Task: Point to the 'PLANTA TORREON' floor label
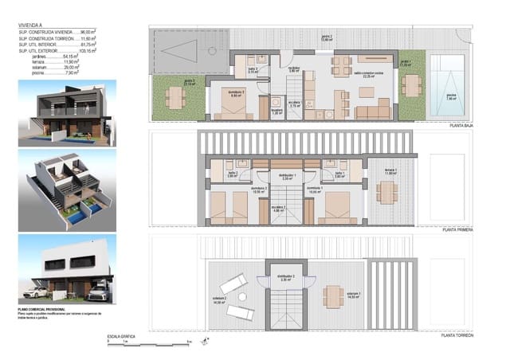point(461,336)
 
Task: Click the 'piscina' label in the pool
point(452,97)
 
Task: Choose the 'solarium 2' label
point(220,299)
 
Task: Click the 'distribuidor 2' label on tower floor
point(286,278)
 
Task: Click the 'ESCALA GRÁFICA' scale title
point(122,337)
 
